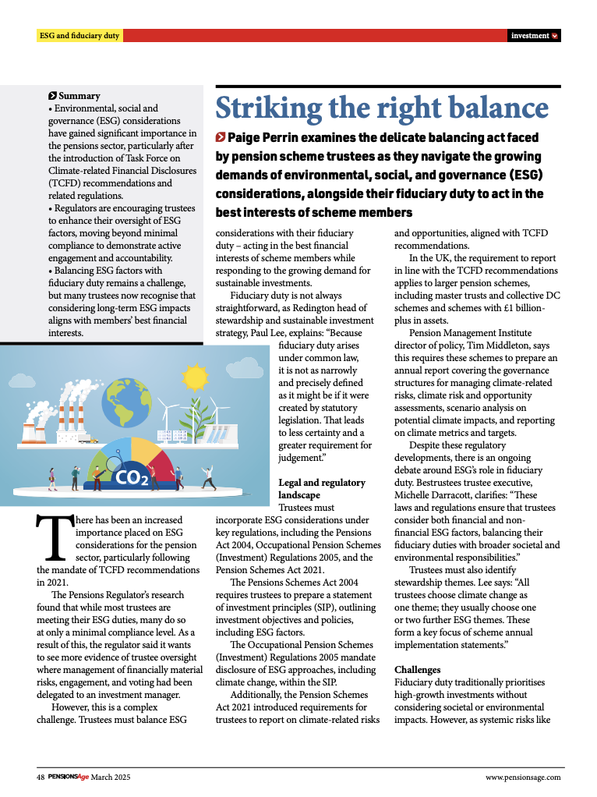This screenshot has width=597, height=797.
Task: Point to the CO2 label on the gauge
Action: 132,476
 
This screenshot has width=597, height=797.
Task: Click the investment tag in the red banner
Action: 530,36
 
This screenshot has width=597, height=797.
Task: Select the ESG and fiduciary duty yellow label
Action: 79,36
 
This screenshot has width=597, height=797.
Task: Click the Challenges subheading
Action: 417,670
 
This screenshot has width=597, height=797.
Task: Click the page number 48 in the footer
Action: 41,777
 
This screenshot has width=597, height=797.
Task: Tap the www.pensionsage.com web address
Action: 522,777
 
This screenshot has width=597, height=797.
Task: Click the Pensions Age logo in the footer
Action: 69,777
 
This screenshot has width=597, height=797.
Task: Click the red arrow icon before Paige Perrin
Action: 221,138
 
